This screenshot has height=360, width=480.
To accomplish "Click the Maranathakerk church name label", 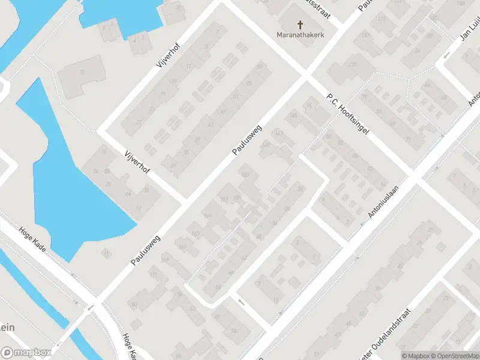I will click(x=301, y=35).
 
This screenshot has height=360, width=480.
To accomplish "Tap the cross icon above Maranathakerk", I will click(x=300, y=25).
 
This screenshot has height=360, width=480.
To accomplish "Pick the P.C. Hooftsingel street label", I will click(x=347, y=112).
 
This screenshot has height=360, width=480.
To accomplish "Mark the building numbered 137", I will click(x=352, y=65).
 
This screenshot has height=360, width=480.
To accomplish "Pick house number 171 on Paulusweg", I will click(x=153, y=275).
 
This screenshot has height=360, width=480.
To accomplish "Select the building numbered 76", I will click(x=310, y=106).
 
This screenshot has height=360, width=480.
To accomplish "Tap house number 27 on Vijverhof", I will click(x=139, y=122).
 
